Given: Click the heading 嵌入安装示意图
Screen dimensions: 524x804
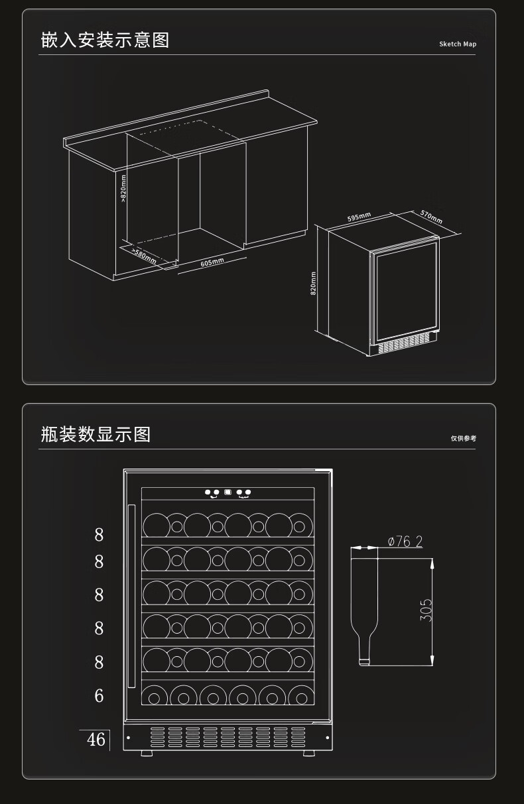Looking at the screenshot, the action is point(105,40).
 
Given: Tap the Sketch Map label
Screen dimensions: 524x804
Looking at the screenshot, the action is point(458,44).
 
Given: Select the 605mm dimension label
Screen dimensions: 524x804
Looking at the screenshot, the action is point(212,262).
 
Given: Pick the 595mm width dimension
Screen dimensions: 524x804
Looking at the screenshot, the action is point(359,217).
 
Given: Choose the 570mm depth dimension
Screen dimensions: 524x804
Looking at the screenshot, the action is point(431,217).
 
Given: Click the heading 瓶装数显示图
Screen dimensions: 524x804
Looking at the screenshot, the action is point(96,435).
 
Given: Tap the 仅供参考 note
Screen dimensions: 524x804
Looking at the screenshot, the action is point(464,438).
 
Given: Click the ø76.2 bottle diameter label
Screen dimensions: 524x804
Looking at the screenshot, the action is point(405,542).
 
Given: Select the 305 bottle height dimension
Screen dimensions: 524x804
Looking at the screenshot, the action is point(426,610).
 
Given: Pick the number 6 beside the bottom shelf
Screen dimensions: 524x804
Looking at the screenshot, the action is point(99,696).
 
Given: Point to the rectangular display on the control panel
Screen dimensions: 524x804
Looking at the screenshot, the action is point(228,493).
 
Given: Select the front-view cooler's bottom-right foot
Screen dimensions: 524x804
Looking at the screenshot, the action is point(309,754).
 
